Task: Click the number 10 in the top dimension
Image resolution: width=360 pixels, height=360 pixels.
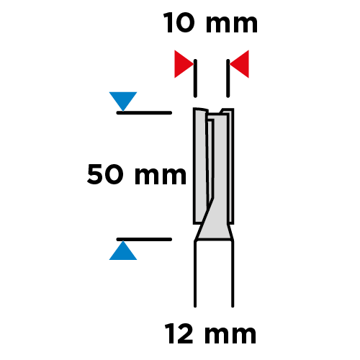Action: point(179,23)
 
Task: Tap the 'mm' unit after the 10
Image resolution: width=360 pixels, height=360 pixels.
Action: point(232,25)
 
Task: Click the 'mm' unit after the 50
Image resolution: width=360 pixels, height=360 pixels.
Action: point(161,176)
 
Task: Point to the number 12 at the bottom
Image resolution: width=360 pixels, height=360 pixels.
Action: point(179,333)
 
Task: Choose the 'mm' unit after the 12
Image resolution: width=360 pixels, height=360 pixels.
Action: point(230,336)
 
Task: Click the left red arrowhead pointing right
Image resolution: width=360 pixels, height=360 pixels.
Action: point(184,64)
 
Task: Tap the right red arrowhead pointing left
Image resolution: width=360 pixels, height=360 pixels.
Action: point(239,64)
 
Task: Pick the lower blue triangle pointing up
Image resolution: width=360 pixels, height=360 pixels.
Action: point(123,251)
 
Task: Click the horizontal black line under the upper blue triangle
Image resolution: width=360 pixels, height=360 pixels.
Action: point(144,113)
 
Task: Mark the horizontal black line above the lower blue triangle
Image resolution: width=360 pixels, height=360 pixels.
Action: point(144,239)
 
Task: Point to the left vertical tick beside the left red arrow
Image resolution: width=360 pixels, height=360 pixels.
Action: point(195,78)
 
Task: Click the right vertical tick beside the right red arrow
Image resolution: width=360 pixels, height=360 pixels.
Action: point(228,78)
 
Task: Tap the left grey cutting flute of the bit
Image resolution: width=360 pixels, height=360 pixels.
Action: point(200,166)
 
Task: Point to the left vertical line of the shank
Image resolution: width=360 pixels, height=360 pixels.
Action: point(195,274)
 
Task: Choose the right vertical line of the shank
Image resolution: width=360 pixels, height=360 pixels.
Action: point(233,274)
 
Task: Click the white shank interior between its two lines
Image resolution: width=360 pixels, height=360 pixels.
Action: point(214,274)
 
